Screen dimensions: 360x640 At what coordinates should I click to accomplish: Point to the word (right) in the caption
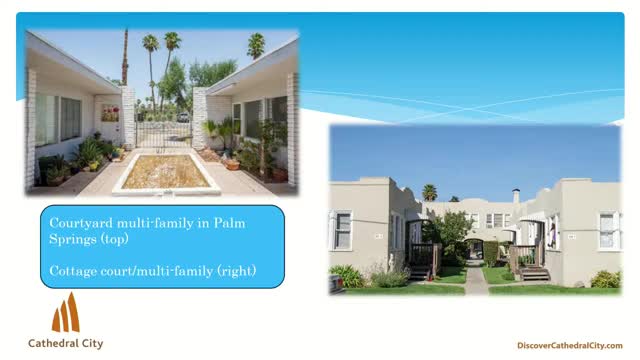pos(235,270)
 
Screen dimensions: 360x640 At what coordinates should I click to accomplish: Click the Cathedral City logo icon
pos(66,313)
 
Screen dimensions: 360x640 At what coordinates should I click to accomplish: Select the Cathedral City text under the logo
pos(66,343)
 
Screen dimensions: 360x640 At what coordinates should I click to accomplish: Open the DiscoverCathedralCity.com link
pos(570,345)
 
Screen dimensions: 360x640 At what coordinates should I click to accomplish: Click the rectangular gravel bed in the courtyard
pos(165,173)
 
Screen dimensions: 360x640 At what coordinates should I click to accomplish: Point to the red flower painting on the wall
pos(109,113)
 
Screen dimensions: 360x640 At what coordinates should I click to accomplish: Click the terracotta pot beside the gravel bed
pos(232,163)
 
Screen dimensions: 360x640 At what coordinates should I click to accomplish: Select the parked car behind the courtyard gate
pos(183,117)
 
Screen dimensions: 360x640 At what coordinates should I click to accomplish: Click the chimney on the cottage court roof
pos(515,196)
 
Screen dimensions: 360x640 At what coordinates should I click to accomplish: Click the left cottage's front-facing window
pos(343,231)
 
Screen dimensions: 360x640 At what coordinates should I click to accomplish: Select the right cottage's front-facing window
pos(607,231)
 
